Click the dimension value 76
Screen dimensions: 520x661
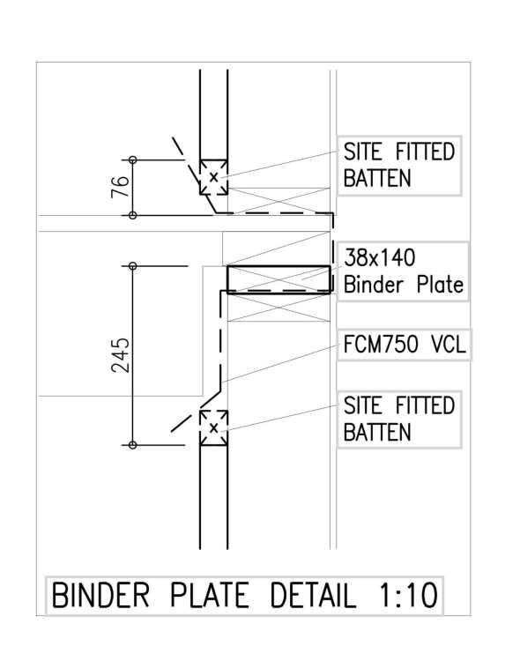pyautogui.click(x=120, y=187)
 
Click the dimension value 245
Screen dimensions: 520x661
pyautogui.click(x=121, y=355)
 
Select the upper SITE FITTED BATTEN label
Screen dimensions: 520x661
pyautogui.click(x=398, y=165)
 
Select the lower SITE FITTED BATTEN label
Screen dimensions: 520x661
pyautogui.click(x=398, y=419)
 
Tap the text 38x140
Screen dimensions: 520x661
pyautogui.click(x=380, y=257)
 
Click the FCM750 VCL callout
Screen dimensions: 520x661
pyautogui.click(x=404, y=344)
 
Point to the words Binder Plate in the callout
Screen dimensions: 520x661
pyautogui.click(x=404, y=285)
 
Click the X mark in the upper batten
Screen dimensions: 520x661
pyautogui.click(x=214, y=177)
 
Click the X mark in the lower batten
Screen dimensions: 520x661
pyautogui.click(x=214, y=428)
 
